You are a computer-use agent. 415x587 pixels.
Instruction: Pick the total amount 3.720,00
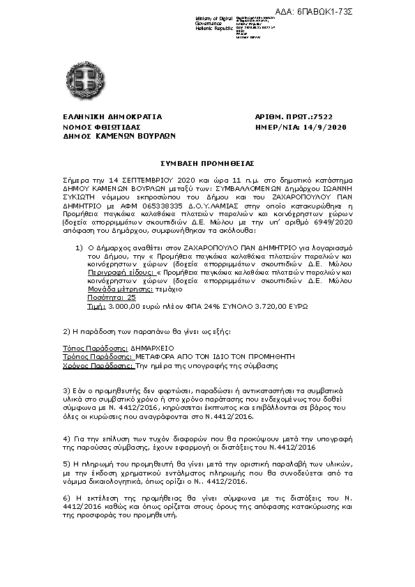click(271, 305)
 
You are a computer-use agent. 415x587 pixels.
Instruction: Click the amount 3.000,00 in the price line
click(123, 305)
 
